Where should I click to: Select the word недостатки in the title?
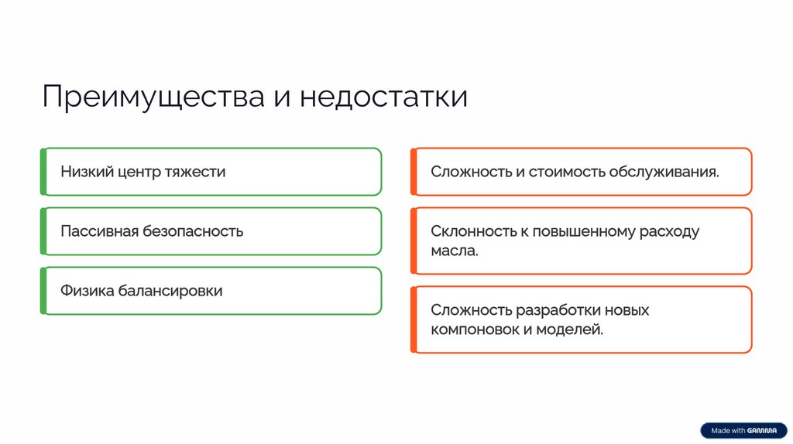(383, 98)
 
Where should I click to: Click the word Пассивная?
(99, 231)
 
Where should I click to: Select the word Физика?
(87, 291)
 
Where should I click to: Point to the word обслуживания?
(664, 172)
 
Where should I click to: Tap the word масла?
(455, 251)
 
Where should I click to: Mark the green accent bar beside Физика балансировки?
(43, 291)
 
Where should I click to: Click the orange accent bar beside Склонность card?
(414, 241)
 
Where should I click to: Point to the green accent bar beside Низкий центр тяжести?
(43, 172)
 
